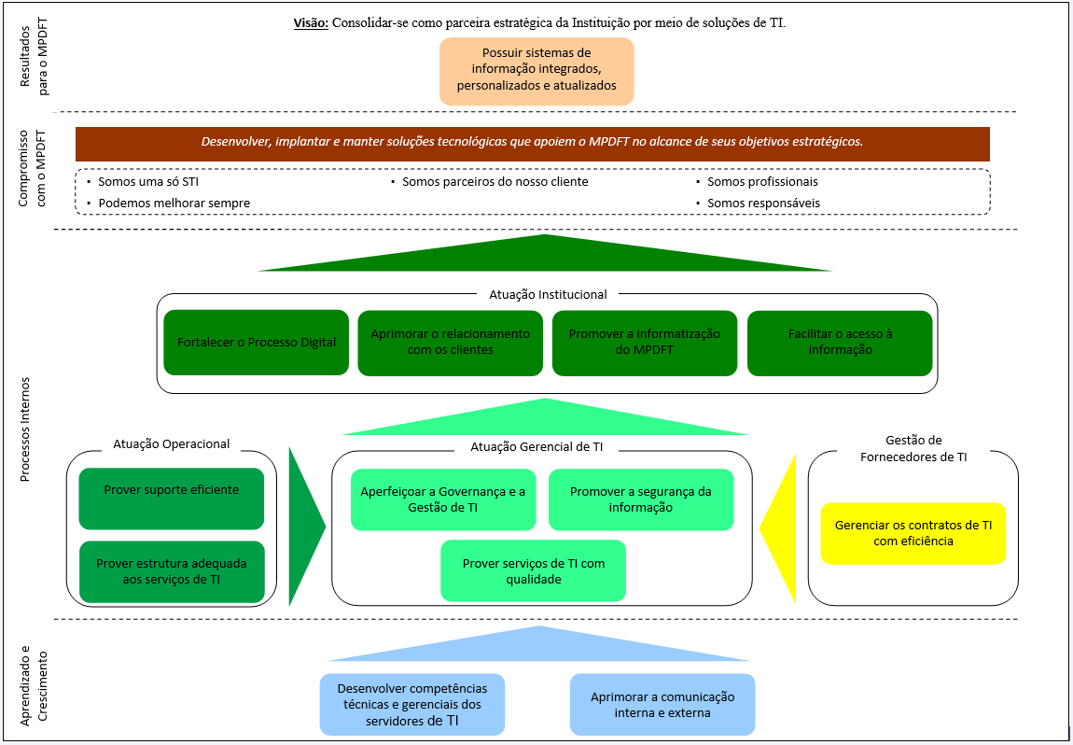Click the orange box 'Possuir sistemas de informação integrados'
[x=536, y=70]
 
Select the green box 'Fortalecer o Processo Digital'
[x=257, y=343]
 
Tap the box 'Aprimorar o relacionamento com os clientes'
[x=451, y=343]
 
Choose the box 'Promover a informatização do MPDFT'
[x=645, y=343]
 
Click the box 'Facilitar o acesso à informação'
[x=840, y=343]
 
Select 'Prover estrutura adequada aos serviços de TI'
[x=172, y=571]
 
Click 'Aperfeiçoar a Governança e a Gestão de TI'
[x=444, y=499]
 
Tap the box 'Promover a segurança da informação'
[x=640, y=499]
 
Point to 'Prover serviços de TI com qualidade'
[x=534, y=570]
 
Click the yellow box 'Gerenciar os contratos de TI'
[x=913, y=533]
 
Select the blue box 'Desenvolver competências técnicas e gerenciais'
[x=411, y=704]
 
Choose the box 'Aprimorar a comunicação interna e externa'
[x=662, y=704]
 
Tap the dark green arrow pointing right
[x=304, y=527]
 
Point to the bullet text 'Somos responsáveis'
[x=763, y=203]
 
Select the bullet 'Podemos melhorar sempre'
[x=174, y=203]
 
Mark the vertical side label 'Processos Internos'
[x=25, y=429]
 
